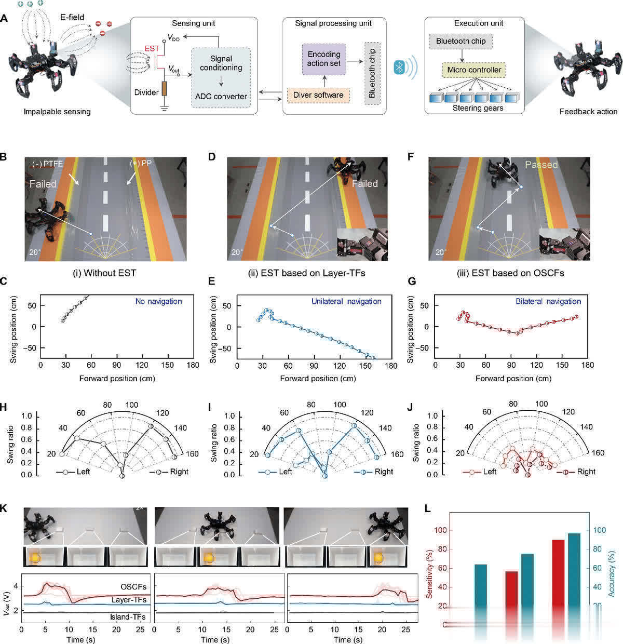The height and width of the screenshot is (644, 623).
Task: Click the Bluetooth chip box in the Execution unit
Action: (x=461, y=41)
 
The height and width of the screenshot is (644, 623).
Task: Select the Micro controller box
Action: (x=475, y=70)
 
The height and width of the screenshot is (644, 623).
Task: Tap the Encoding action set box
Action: (x=324, y=59)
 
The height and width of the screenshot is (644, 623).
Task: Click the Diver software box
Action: (x=318, y=95)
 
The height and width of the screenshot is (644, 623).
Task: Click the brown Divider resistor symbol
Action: (x=165, y=89)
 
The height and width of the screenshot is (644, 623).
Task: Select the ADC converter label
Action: (x=221, y=96)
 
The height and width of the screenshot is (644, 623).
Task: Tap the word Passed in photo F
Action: (x=541, y=165)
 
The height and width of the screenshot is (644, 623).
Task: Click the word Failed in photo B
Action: (x=44, y=184)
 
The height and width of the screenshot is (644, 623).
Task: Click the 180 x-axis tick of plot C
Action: (x=193, y=366)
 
